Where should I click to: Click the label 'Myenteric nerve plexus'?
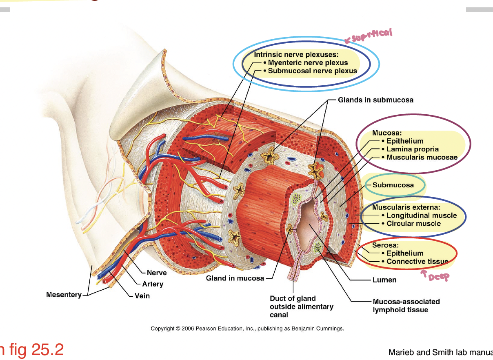point(308,63)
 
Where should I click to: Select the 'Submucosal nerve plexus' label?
point(312,71)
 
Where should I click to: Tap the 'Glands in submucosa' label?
point(375,100)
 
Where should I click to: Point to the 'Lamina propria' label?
point(412,149)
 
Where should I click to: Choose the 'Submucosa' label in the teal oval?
point(393,185)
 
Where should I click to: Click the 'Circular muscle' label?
point(413,224)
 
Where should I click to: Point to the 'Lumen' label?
point(384,280)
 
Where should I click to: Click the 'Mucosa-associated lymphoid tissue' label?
point(406,306)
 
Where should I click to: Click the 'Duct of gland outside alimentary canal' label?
point(301,307)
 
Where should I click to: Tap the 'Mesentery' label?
point(64,295)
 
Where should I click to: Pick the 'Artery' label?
point(153,284)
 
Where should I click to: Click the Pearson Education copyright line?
point(247,329)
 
